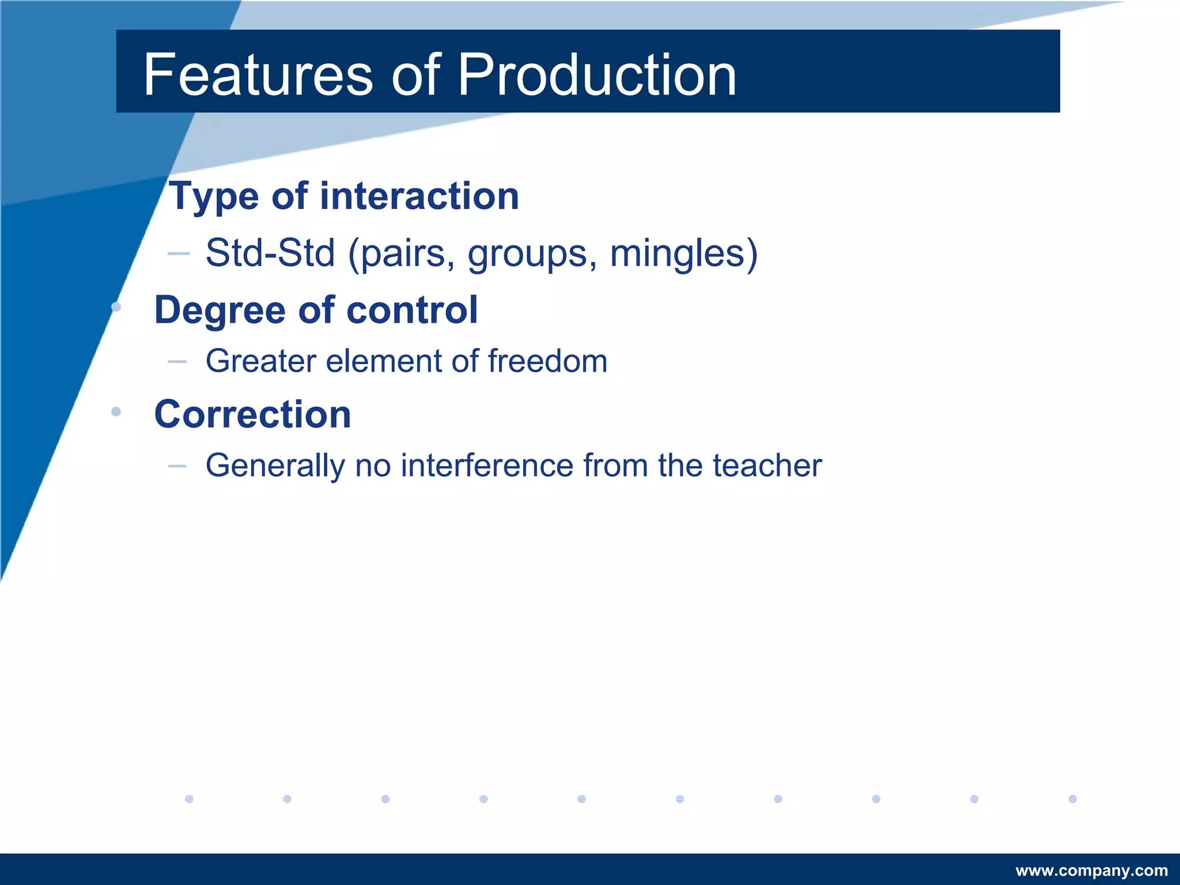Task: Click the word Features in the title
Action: tap(258, 75)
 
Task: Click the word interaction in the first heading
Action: tap(419, 196)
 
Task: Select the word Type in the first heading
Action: tap(214, 197)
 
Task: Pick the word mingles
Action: tap(678, 254)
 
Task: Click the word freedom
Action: tap(547, 361)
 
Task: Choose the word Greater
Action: tap(261, 361)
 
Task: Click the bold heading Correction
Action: tap(252, 414)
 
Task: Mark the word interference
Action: tap(487, 466)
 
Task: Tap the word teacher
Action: tap(767, 466)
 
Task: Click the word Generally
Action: tap(275, 467)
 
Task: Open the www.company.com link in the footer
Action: tap(1091, 871)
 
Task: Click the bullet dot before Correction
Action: tap(116, 411)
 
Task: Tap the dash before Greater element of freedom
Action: tap(177, 362)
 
